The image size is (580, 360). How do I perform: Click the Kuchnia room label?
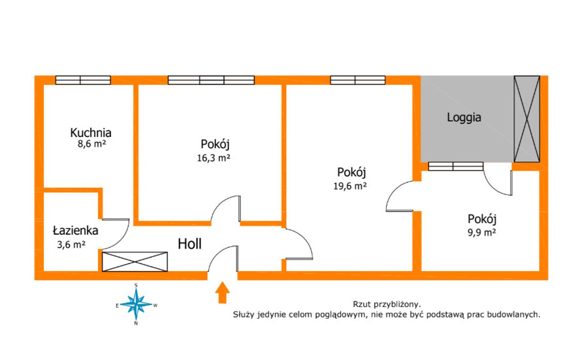coord(91,133)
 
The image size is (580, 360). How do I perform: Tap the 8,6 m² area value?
coord(92,144)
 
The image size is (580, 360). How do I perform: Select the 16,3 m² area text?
coord(213,158)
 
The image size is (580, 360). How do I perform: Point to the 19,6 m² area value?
coord(350,186)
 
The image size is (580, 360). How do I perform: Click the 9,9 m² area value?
coord(482,232)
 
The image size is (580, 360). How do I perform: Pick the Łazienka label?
coord(76,230)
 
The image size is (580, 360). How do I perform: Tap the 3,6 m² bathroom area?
coord(71,245)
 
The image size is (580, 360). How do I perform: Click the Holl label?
coord(189,244)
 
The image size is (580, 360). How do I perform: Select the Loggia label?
coord(464,118)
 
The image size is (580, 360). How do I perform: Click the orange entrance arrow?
coord(222,293)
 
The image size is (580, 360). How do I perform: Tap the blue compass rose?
coord(136,304)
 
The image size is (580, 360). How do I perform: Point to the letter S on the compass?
coord(136,285)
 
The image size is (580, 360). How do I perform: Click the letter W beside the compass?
coord(155,305)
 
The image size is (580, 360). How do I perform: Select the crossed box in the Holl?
coord(135,262)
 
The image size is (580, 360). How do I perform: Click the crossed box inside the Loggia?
coord(527,119)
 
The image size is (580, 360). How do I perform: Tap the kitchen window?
coord(83,80)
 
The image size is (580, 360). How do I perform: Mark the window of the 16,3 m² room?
coord(211,80)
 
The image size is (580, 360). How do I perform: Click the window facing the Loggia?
coord(456,166)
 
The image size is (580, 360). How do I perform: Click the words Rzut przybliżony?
coord(387,304)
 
